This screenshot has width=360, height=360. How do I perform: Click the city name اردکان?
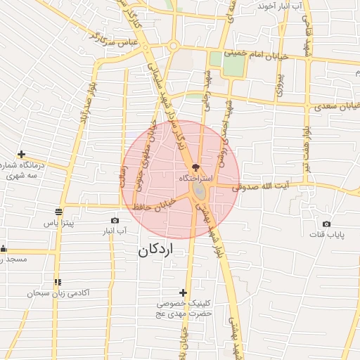click(155, 250)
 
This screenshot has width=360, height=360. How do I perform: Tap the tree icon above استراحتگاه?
click(195, 169)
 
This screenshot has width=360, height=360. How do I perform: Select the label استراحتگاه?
click(195, 180)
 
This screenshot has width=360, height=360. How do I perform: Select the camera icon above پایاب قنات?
click(326, 223)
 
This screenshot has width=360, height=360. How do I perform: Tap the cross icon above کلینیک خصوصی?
click(184, 292)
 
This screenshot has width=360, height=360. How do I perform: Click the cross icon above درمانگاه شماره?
click(22, 154)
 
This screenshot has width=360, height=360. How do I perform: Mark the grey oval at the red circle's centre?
click(200, 191)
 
